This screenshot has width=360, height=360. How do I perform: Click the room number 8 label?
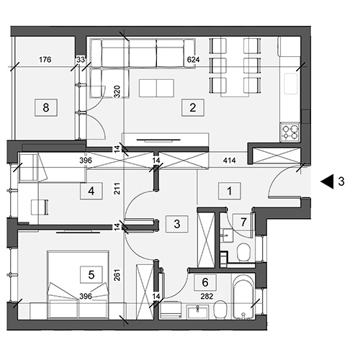pos(46,108)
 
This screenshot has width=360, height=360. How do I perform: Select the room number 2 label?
pos(193,108)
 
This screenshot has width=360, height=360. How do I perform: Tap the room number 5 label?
pos(91,274)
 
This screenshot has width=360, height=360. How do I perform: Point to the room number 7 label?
pos(243,222)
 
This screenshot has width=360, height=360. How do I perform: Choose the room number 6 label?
pos(205,282)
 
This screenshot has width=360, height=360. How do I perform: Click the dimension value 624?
pos(193,60)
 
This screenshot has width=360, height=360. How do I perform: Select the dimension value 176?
pos(45,59)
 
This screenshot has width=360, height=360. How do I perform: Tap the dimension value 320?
pos(117,91)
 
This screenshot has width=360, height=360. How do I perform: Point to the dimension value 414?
pos(229,161)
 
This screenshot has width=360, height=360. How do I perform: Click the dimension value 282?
pos(207,297)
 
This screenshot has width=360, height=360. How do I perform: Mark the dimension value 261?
pos(117,275)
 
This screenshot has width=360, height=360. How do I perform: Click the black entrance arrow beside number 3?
pos(328,181)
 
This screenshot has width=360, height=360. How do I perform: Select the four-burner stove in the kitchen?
pos(290,132)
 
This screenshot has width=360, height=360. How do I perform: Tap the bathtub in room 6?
pos(244,297)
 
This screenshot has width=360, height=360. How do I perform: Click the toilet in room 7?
pos(243,252)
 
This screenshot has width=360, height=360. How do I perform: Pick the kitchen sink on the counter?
pos(291,84)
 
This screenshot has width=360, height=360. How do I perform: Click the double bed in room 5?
pos(78,285)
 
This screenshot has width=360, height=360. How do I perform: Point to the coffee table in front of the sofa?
pos(156,89)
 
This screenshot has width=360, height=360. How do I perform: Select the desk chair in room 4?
pos(40,207)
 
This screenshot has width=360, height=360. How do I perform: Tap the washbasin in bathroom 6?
pos(197,312)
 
